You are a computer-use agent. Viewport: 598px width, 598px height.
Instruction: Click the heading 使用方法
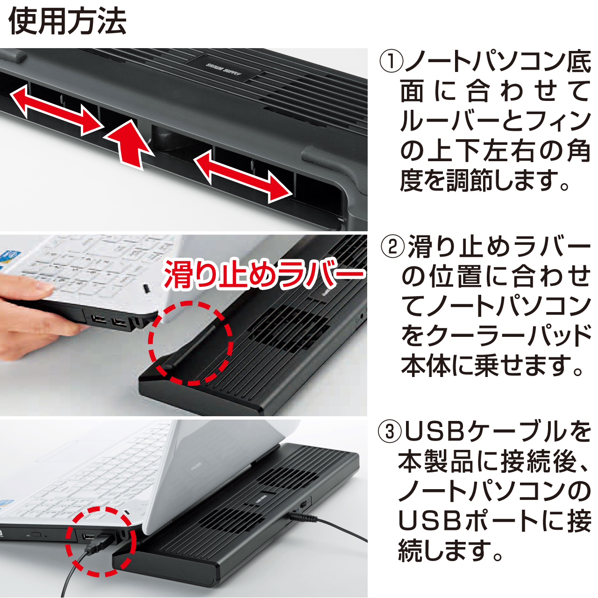[68, 21]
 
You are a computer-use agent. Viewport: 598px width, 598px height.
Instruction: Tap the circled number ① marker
[391, 62]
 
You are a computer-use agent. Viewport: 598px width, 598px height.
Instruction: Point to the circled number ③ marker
[390, 432]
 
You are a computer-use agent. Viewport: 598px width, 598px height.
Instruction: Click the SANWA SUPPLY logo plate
[224, 69]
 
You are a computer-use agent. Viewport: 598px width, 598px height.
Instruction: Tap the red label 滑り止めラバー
[264, 274]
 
